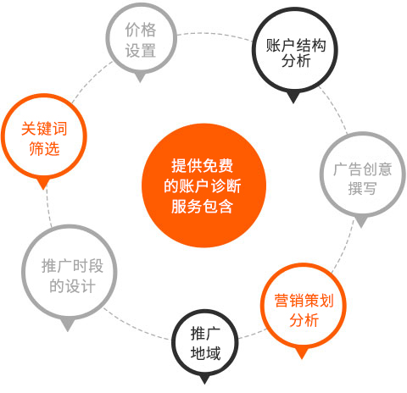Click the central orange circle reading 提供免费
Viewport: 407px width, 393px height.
click(203, 185)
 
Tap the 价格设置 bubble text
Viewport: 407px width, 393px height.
click(141, 41)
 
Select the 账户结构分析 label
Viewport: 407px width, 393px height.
click(296, 53)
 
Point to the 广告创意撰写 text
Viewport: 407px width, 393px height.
click(363, 179)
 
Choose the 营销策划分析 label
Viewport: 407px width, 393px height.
click(304, 310)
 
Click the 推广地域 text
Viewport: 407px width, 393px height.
click(205, 343)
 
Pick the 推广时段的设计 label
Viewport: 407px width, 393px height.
click(72, 275)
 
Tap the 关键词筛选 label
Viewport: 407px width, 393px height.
click(44, 138)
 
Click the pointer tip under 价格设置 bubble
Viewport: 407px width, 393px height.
click(140, 82)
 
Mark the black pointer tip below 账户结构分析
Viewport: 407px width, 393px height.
click(293, 103)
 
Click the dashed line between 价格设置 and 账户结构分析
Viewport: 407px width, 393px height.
click(215, 34)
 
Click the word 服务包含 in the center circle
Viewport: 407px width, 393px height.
click(202, 207)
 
